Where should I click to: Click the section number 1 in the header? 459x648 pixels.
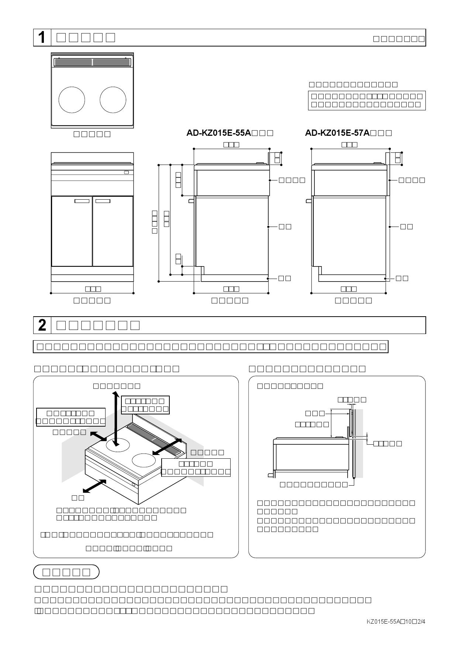(42, 38)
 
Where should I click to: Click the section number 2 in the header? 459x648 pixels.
(42, 325)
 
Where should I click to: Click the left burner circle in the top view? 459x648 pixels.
(72, 100)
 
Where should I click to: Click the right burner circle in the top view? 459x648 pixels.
(113, 100)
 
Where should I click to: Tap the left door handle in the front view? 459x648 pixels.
(82, 201)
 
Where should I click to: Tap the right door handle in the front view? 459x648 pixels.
(103, 201)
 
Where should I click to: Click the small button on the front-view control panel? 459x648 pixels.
(127, 172)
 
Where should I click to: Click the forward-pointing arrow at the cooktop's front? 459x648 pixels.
(94, 486)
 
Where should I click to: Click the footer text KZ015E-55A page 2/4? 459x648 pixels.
(396, 622)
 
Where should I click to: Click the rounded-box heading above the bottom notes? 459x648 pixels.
(66, 572)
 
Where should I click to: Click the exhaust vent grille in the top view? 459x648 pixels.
(92, 62)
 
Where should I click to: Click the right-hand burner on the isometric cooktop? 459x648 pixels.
(144, 461)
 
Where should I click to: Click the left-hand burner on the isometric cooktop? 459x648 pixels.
(119, 445)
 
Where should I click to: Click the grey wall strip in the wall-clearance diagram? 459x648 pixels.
(359, 443)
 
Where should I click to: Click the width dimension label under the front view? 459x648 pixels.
(93, 289)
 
